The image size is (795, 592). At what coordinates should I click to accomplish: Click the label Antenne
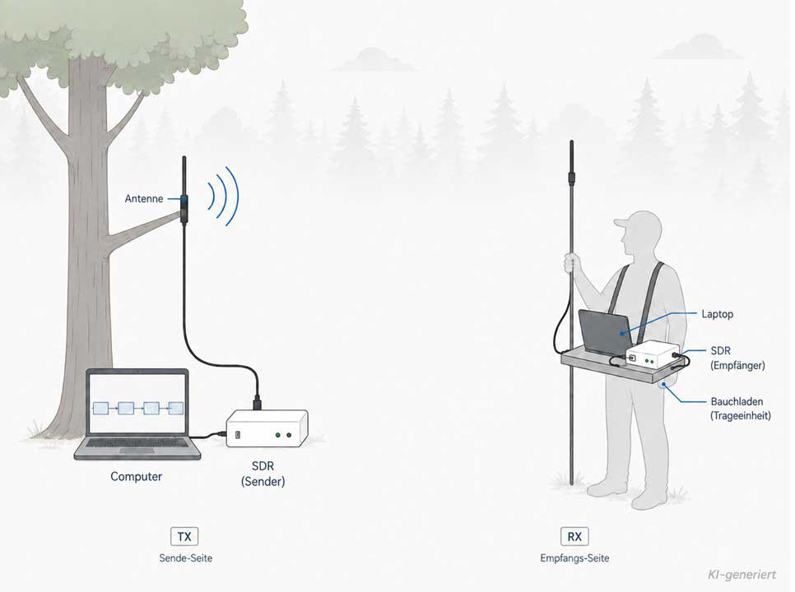pos(144,198)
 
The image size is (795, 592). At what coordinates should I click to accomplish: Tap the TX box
pos(184,536)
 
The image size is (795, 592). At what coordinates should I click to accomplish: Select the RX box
pos(574,536)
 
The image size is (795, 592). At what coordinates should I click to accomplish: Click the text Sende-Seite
pos(185,558)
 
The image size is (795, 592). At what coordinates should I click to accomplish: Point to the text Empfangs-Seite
pos(574,558)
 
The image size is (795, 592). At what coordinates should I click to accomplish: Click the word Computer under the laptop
pos(137,477)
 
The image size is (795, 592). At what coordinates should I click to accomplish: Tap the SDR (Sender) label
pos(263,474)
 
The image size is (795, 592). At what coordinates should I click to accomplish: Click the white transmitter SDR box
pos(267,428)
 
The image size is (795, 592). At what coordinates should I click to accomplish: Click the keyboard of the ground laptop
pos(137,446)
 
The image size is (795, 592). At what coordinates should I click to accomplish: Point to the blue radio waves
pos(224,196)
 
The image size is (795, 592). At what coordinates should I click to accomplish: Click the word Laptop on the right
pos(717,314)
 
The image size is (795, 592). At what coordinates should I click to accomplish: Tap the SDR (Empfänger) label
pos(737,358)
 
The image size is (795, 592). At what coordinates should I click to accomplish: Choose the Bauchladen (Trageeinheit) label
pos(740,409)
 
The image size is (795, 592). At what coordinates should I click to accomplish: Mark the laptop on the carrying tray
pos(606,331)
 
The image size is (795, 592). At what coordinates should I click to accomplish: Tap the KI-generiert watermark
pos(742,574)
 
